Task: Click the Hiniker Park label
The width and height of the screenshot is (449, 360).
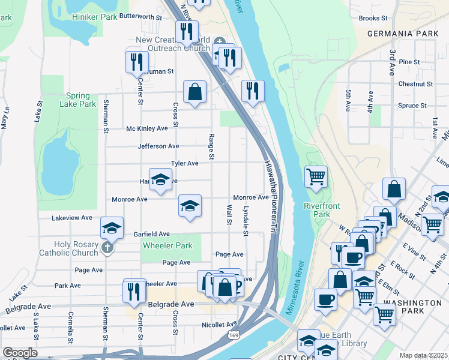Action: (95, 17)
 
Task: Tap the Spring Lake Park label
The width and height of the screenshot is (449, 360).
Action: (78, 100)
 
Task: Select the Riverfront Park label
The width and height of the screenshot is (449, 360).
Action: (322, 210)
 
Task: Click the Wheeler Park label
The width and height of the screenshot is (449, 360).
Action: (167, 245)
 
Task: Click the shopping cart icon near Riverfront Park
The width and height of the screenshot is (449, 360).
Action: (316, 177)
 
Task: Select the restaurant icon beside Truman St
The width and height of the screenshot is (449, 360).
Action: (137, 62)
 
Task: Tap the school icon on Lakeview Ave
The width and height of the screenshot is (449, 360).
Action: (112, 228)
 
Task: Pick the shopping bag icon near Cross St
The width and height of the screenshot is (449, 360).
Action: (194, 92)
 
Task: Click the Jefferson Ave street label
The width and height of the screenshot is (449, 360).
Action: (158, 146)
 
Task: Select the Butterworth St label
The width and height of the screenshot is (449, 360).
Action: (141, 17)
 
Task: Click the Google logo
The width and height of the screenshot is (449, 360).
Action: (20, 353)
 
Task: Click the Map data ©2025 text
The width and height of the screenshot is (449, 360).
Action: (423, 355)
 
